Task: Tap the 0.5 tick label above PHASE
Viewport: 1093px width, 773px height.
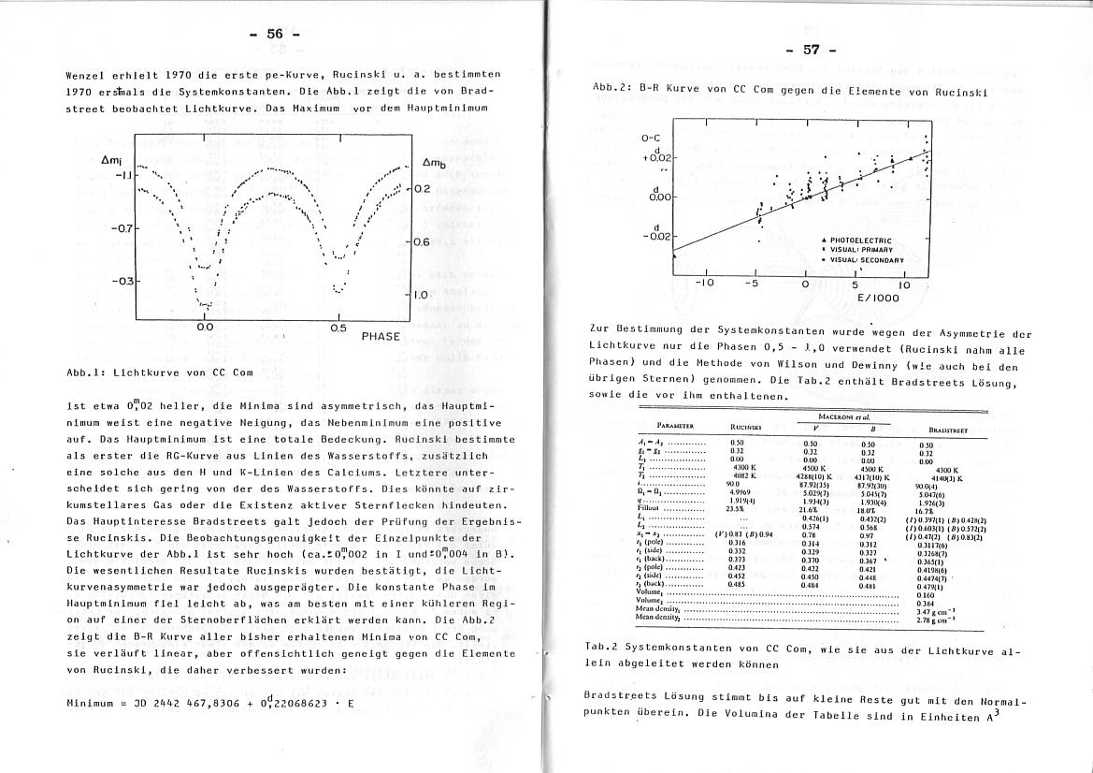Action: [x=338, y=328]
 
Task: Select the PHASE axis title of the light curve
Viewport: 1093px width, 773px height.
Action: [x=380, y=336]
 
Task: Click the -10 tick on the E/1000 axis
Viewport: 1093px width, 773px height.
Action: [x=705, y=284]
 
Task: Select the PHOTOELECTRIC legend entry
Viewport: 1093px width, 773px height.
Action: [x=860, y=241]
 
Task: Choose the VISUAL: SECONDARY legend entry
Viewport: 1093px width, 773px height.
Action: [x=867, y=260]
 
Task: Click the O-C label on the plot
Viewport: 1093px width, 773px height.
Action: [x=651, y=139]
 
